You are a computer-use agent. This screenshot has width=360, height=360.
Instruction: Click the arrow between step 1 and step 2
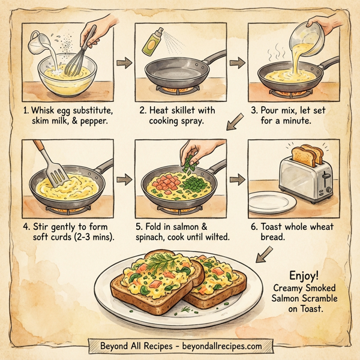(124, 62)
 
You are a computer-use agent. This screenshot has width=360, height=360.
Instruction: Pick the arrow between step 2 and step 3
(237, 62)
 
